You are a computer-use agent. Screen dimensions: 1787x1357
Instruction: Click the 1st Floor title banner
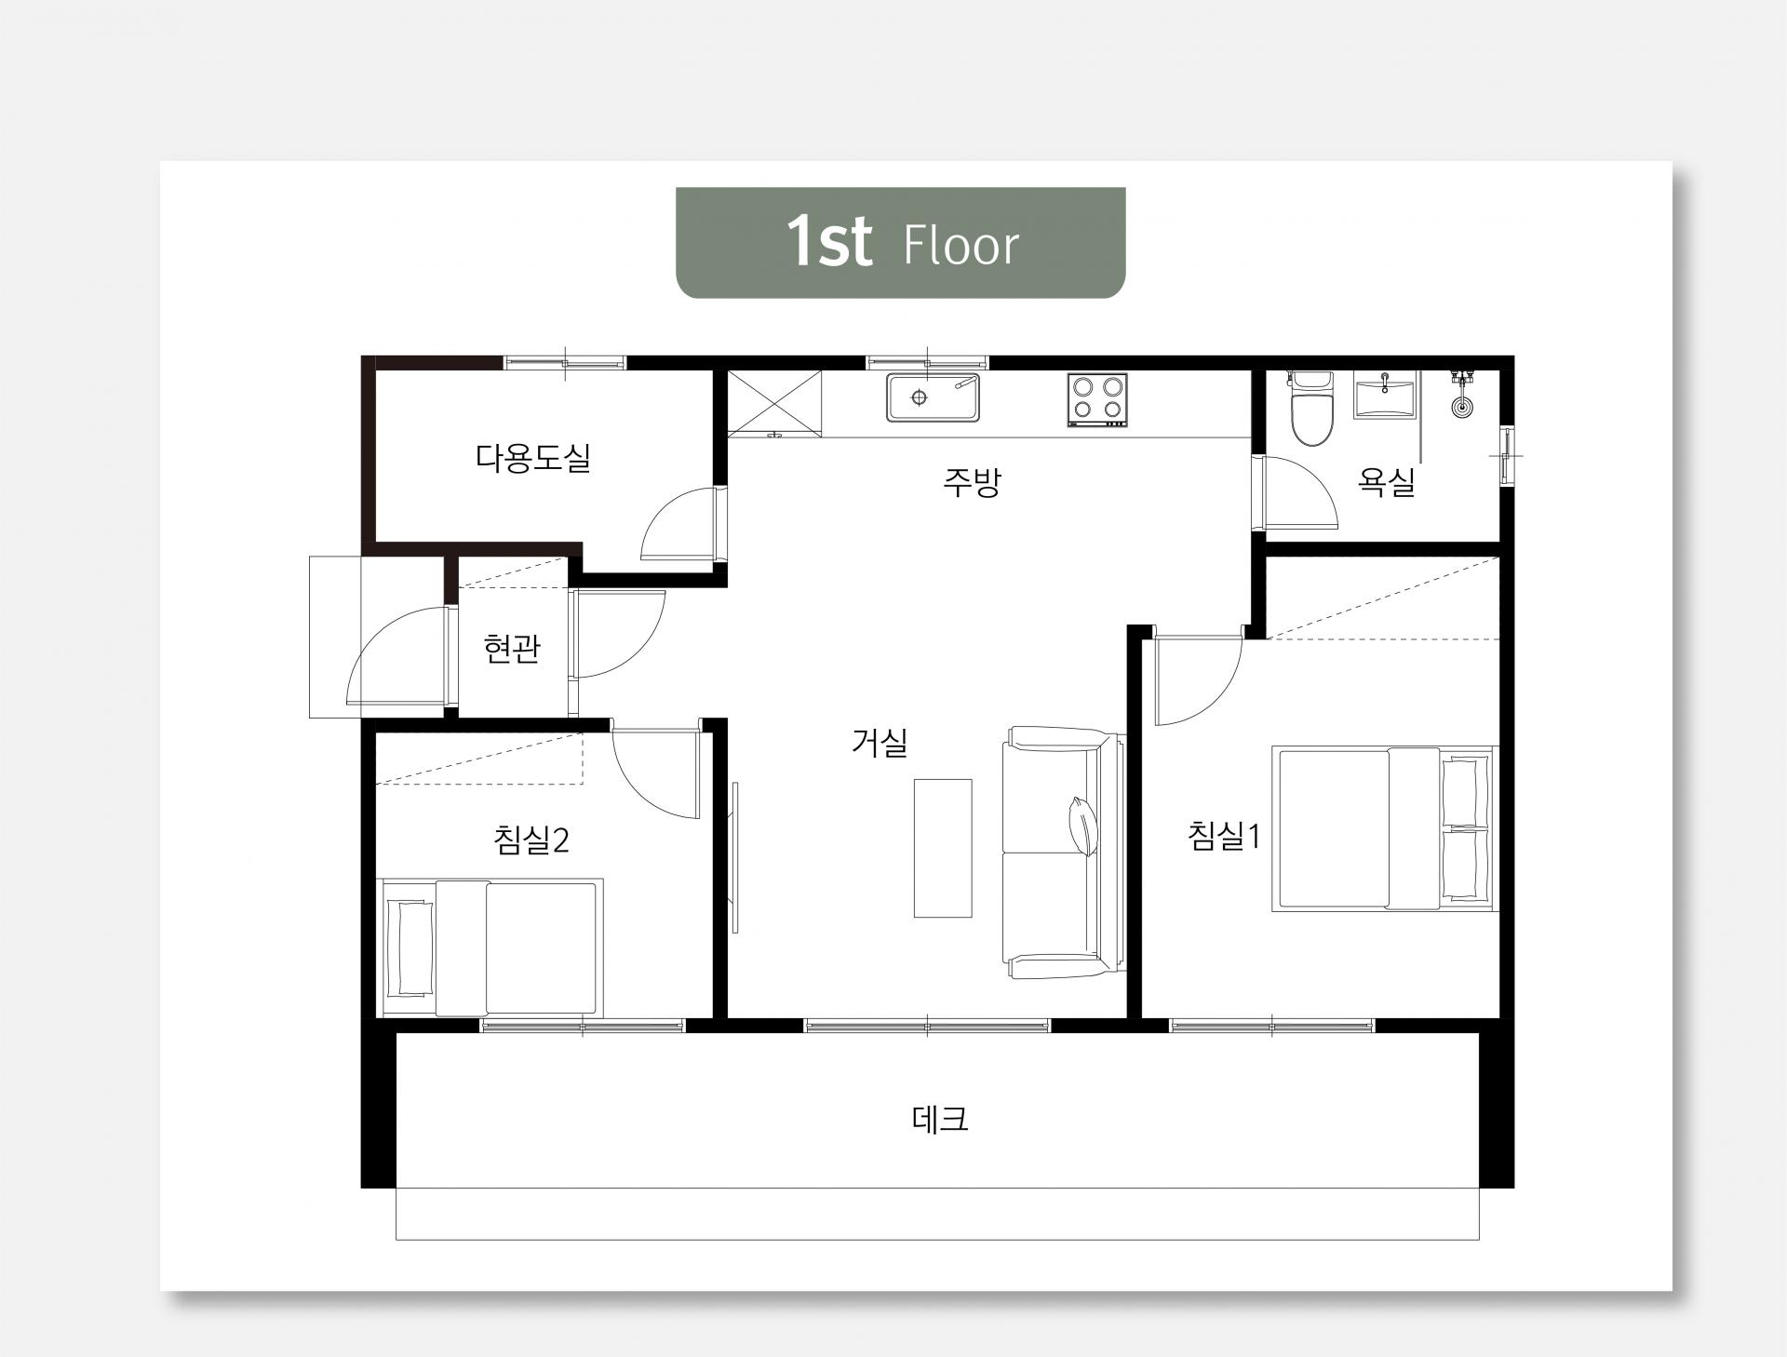coord(900,242)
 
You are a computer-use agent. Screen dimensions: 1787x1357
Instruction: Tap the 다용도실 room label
coord(533,458)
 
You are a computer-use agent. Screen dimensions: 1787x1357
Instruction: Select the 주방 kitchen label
coord(971,481)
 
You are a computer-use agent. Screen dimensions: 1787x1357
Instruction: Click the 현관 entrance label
coord(512,649)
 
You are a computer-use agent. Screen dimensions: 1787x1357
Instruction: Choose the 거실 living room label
coord(879,742)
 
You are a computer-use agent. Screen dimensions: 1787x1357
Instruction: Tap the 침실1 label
coord(1224,836)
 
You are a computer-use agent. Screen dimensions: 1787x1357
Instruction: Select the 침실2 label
coord(531,840)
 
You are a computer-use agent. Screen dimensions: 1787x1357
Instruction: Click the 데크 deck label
coord(940,1118)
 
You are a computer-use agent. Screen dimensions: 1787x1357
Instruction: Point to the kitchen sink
coord(933,397)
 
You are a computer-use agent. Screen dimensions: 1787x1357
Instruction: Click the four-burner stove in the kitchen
coord(1097,399)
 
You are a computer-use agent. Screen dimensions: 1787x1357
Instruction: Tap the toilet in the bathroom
coord(1311,408)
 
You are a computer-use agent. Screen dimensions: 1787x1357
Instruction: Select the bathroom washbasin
coord(1385,397)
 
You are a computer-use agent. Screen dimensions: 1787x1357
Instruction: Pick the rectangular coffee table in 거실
coord(942,848)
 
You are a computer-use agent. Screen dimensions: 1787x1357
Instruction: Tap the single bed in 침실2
coord(490,947)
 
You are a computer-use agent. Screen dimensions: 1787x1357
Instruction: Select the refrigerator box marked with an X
coord(775,402)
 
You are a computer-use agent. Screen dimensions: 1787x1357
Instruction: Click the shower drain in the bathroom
coord(1462,407)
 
